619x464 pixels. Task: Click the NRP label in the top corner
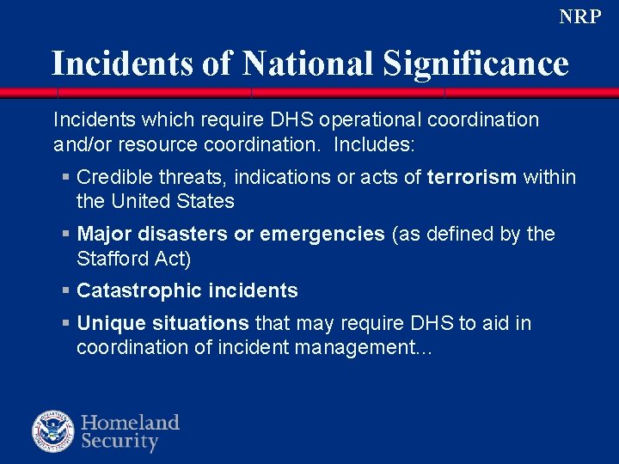pyautogui.click(x=580, y=16)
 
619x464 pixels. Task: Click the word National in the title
pyautogui.click(x=307, y=64)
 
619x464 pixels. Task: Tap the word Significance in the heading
pyautogui.click(x=475, y=64)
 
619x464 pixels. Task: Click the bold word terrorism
pyautogui.click(x=472, y=177)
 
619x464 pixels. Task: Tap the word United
pyautogui.click(x=140, y=201)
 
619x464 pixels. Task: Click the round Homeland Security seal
pyautogui.click(x=54, y=432)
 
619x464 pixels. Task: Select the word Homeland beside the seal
pyautogui.click(x=131, y=422)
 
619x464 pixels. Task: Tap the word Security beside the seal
pyautogui.click(x=120, y=443)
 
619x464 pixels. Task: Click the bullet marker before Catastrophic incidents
pyautogui.click(x=65, y=290)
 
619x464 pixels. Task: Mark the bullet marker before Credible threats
pyautogui.click(x=65, y=177)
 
